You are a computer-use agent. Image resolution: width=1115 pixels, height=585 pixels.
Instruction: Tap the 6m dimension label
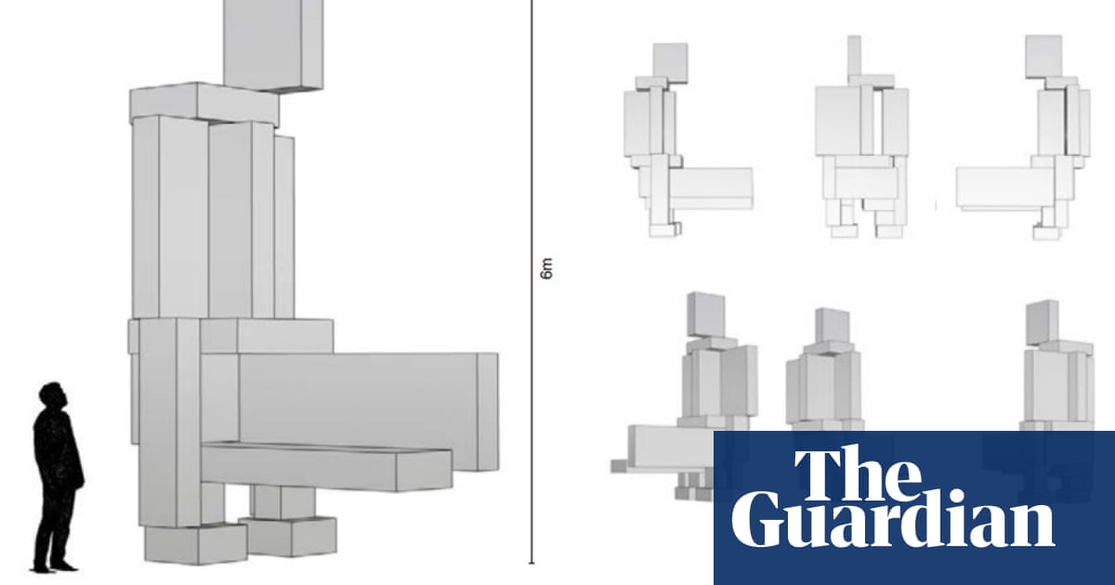point(546,270)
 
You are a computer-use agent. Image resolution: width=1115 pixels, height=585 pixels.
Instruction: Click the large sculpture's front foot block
point(195,543)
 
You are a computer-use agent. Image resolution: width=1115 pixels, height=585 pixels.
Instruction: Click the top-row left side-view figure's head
point(670,60)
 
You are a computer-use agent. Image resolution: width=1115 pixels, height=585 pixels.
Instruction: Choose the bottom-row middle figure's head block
point(832,325)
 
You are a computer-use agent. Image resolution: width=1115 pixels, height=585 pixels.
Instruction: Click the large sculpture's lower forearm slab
point(325,464)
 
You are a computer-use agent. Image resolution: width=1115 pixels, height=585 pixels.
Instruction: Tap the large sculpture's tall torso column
point(172,218)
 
